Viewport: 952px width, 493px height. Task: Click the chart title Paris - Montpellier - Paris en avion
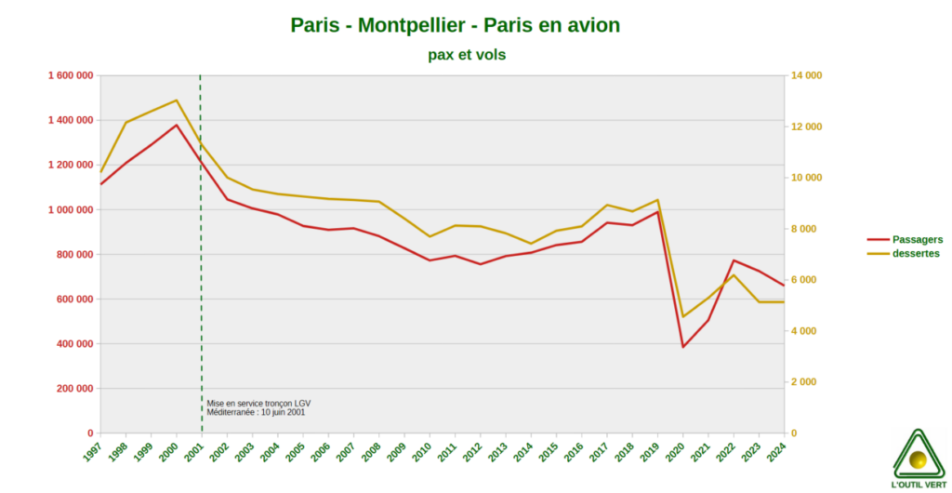tap(455, 25)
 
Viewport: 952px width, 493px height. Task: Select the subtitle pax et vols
tap(467, 55)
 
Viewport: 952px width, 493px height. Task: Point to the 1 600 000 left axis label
tap(70, 75)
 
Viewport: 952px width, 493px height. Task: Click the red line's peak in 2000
tap(177, 125)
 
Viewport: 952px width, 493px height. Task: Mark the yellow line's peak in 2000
tap(177, 100)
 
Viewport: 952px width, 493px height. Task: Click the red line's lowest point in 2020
tap(683, 347)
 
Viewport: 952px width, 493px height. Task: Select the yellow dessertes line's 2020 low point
tap(683, 316)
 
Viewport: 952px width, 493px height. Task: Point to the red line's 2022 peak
tap(734, 260)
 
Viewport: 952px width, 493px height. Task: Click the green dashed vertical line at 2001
tap(201, 279)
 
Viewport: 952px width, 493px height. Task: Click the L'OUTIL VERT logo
tap(919, 459)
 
